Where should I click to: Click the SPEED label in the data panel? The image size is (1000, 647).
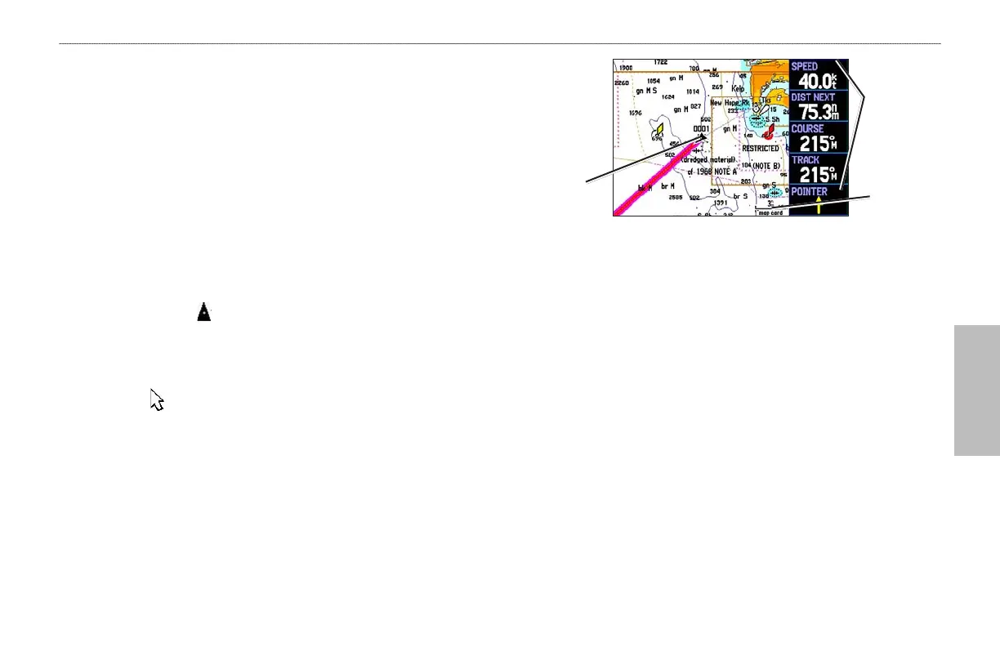click(805, 66)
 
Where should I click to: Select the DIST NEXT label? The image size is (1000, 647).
click(813, 97)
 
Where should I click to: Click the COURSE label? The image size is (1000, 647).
click(807, 129)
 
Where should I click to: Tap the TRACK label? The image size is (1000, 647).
click(805, 160)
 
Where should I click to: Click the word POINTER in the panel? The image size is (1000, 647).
click(809, 191)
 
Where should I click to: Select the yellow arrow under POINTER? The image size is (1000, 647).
click(819, 205)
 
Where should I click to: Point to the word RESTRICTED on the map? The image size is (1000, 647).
click(760, 149)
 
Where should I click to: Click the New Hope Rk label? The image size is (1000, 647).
click(730, 104)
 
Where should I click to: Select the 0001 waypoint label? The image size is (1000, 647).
click(701, 129)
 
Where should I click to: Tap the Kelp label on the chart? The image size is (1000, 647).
click(739, 87)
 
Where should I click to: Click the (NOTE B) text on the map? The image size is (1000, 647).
click(766, 166)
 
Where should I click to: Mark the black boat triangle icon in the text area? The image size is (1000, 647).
click(203, 312)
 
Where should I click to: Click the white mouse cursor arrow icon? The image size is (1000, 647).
click(157, 399)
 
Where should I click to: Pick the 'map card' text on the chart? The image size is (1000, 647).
click(770, 212)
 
